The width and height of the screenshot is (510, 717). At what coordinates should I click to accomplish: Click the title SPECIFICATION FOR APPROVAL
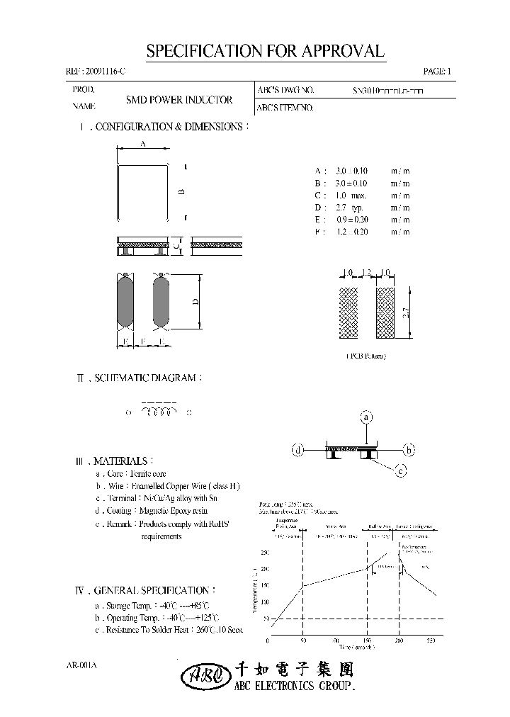tap(265, 51)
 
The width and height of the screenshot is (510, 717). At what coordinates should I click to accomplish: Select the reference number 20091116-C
tap(97, 72)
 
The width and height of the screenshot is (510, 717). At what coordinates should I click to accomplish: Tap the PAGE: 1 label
tap(436, 72)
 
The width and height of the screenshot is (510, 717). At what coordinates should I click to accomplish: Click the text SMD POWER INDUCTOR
tap(179, 101)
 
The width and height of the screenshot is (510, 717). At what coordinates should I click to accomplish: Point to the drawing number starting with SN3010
tap(388, 91)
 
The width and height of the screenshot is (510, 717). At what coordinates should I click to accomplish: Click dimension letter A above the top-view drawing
tap(142, 143)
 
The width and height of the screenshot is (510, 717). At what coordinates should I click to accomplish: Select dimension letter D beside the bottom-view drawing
tap(195, 301)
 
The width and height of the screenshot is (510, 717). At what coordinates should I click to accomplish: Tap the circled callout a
tap(366, 417)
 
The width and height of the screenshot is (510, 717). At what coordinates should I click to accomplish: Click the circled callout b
tap(408, 449)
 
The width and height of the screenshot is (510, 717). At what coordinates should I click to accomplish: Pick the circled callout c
tap(401, 470)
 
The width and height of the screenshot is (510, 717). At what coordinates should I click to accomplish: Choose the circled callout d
tap(299, 449)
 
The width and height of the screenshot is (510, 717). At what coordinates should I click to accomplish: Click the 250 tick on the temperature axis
tap(264, 553)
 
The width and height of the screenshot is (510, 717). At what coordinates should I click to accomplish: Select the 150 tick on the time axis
tap(368, 641)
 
